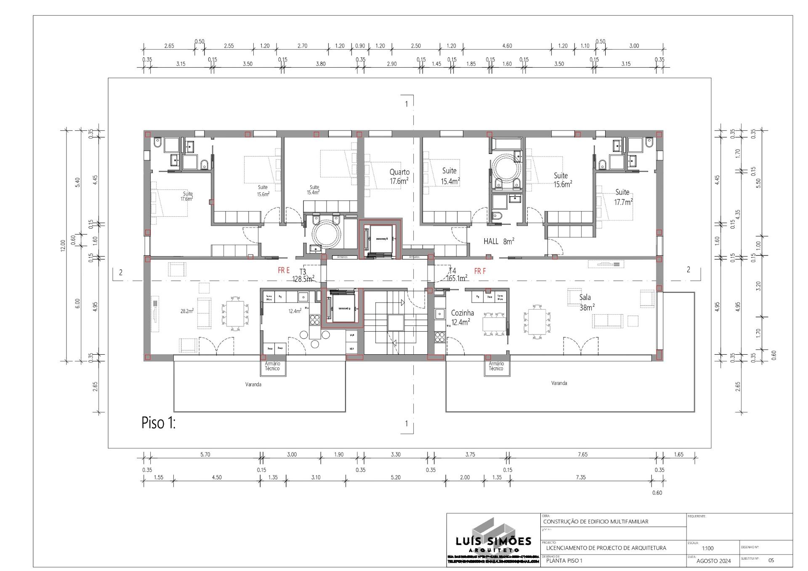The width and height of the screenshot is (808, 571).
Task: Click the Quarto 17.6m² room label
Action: (399, 176)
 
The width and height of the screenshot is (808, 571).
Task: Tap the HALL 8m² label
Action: (499, 242)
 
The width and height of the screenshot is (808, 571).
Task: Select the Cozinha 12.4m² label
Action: (462, 318)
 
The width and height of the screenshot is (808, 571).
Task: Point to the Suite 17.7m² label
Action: (623, 197)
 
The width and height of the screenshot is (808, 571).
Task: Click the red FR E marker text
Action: (284, 271)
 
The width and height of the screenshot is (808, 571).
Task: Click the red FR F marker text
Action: (480, 271)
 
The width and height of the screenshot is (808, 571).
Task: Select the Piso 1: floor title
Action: (158, 423)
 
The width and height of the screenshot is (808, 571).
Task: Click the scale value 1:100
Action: (707, 548)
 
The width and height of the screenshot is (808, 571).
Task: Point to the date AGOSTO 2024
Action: (713, 561)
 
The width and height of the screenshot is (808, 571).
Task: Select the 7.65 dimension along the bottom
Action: (582, 454)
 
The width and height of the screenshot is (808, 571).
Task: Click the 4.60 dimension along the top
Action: (507, 46)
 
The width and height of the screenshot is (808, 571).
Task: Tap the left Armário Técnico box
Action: (272, 366)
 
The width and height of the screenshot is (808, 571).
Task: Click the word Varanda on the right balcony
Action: (559, 383)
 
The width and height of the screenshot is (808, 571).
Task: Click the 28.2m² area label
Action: (187, 311)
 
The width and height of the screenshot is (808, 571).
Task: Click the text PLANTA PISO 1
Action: (564, 561)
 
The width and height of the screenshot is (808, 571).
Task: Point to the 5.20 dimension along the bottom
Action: (396, 477)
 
